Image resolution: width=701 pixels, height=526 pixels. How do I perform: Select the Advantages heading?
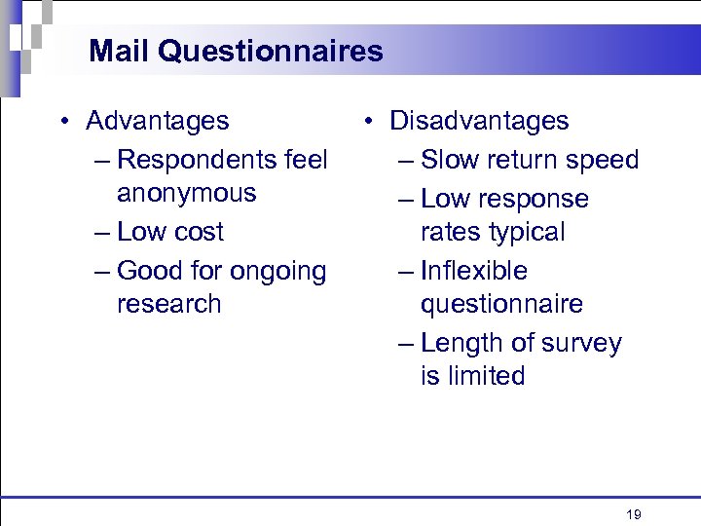[158, 121]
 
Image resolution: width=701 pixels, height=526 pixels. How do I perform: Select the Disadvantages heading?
[479, 121]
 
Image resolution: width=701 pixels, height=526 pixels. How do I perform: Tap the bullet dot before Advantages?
[62, 122]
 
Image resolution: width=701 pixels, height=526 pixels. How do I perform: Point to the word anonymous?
[186, 193]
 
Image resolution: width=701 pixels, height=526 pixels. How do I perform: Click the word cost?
[197, 232]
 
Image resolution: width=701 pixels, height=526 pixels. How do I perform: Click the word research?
[168, 304]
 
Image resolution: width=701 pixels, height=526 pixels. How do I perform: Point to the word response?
[533, 200]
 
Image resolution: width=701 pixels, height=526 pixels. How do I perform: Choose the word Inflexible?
[474, 271]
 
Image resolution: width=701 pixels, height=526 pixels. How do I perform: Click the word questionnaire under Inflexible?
[501, 304]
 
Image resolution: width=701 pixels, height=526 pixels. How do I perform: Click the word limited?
[486, 376]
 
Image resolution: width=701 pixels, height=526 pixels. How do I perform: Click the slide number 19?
[634, 514]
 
